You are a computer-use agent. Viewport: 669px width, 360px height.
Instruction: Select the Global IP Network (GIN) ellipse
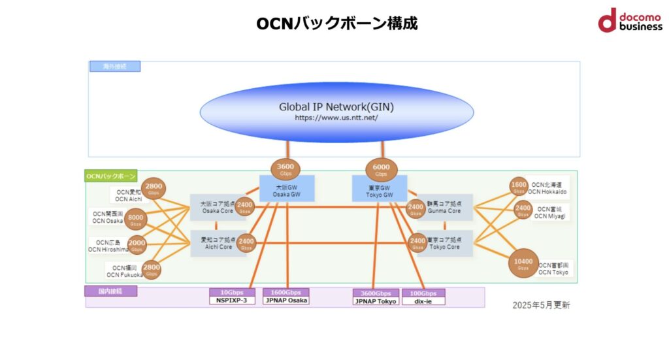pos(336,111)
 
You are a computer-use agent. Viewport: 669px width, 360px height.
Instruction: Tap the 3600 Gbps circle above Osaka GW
pos(286,169)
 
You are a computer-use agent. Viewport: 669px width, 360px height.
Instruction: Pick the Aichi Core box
pos(214,243)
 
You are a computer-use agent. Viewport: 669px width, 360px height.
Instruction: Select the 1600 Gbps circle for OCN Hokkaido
pos(519,187)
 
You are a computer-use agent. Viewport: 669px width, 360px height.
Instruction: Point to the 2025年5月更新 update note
pos(541,305)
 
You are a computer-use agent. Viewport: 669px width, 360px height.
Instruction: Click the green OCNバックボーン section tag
pos(110,176)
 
